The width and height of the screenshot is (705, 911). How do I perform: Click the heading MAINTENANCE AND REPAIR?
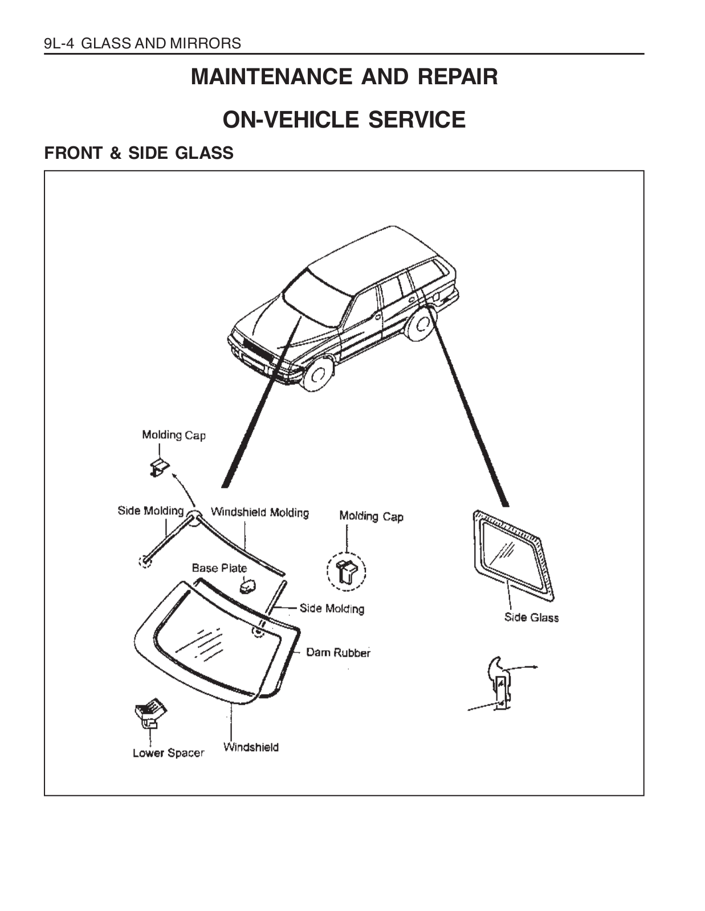tap(344, 76)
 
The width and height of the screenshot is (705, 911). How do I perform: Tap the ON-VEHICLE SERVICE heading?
tap(344, 120)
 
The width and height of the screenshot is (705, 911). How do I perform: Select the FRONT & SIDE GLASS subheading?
tap(139, 153)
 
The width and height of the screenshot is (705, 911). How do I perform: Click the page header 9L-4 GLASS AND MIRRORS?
tap(142, 43)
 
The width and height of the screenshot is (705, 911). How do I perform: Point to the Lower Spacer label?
tap(168, 753)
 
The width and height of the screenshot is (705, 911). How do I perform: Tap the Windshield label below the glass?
tap(251, 747)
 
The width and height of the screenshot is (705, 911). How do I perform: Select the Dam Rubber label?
tap(338, 653)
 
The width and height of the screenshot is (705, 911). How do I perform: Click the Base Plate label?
tap(219, 568)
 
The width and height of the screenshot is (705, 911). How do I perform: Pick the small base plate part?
tap(248, 585)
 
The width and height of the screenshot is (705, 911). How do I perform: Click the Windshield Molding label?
tap(260, 512)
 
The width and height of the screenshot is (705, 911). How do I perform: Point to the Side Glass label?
tap(531, 617)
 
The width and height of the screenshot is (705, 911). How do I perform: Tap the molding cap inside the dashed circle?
tap(347, 571)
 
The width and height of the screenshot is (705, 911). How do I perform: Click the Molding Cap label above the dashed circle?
tap(371, 516)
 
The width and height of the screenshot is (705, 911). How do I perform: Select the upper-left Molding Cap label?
tap(174, 436)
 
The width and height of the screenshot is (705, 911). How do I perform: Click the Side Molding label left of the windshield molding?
tap(150, 511)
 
